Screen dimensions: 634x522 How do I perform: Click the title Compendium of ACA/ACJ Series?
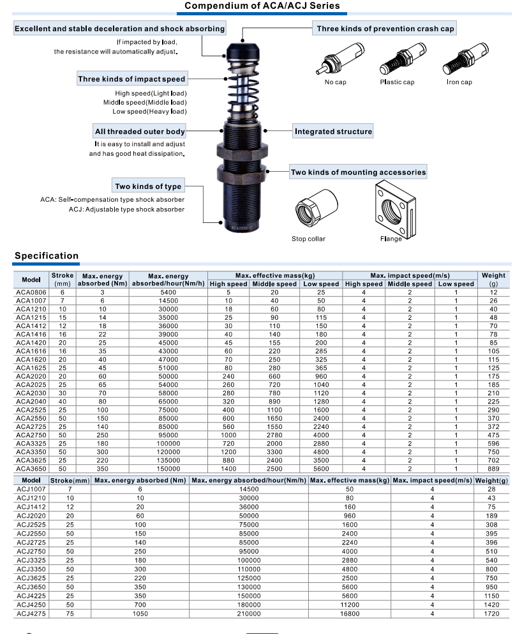[x=262, y=6]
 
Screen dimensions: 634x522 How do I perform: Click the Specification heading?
[x=47, y=255]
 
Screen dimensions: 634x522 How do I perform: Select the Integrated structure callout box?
[x=333, y=132]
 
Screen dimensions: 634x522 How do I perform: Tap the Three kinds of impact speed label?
[x=131, y=79]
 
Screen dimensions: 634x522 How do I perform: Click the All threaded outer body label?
[x=140, y=132]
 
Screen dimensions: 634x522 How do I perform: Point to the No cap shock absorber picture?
[x=338, y=61]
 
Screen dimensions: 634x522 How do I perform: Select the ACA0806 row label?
[x=31, y=292]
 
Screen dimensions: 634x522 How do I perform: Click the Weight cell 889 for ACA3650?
[x=493, y=468]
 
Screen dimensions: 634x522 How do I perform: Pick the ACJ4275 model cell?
[x=31, y=614]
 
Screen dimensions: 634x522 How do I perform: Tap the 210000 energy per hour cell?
[x=249, y=614]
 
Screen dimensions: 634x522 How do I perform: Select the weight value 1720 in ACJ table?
[x=491, y=614]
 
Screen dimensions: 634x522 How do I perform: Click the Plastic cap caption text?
[x=397, y=82]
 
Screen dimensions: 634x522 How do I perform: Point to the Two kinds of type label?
[x=148, y=186]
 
